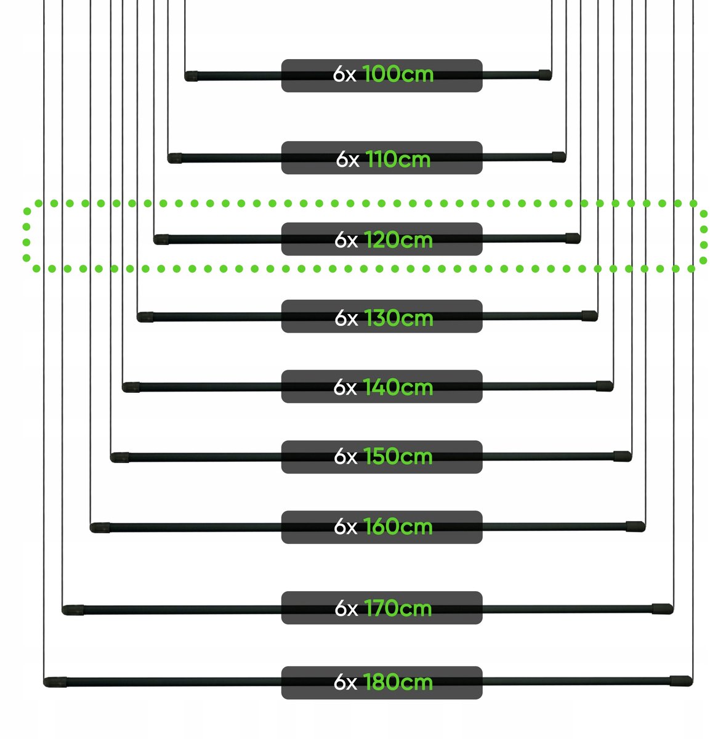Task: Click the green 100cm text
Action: pos(398,74)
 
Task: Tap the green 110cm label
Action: pos(398,159)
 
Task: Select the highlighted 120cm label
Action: pos(398,240)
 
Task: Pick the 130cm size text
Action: pos(398,318)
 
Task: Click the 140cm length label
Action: pos(398,387)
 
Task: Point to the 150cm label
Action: pos(398,456)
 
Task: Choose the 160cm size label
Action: pos(398,527)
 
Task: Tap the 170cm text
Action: pos(398,608)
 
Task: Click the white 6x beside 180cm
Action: pos(345,682)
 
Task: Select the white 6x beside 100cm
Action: pos(345,74)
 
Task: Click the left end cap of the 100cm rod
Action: pos(191,76)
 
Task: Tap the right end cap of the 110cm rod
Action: pos(559,157)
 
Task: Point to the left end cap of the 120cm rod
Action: pos(161,240)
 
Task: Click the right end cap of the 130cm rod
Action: pos(590,316)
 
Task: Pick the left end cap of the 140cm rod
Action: pos(131,387)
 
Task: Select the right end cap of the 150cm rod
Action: pos(623,456)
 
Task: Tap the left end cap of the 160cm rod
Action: pos(100,528)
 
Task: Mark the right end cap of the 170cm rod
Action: pos(663,608)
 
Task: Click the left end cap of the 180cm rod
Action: pos(55,682)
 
